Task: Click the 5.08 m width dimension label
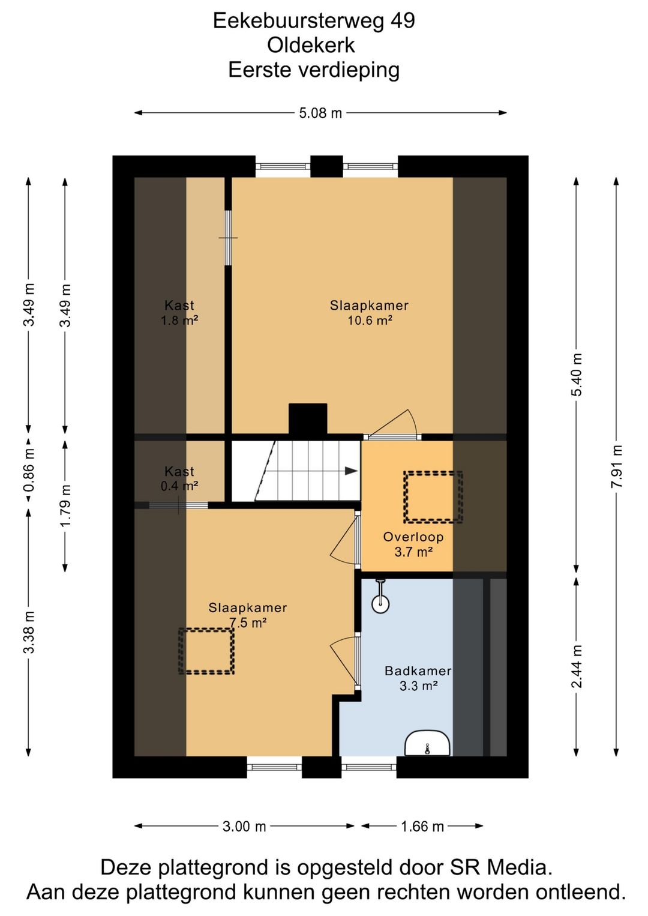(320, 113)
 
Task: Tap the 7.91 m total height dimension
(617, 466)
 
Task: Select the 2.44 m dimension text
(577, 666)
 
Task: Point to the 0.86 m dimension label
(29, 470)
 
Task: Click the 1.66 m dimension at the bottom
(422, 827)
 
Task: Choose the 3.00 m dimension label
(244, 827)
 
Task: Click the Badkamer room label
(418, 670)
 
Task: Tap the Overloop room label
(413, 537)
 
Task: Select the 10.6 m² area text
(370, 320)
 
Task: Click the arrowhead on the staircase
(351, 471)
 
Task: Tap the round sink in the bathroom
(380, 603)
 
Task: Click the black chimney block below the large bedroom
(308, 418)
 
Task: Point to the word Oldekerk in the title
(311, 45)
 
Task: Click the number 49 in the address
(403, 20)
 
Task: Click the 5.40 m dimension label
(577, 375)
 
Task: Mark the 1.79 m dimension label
(65, 505)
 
